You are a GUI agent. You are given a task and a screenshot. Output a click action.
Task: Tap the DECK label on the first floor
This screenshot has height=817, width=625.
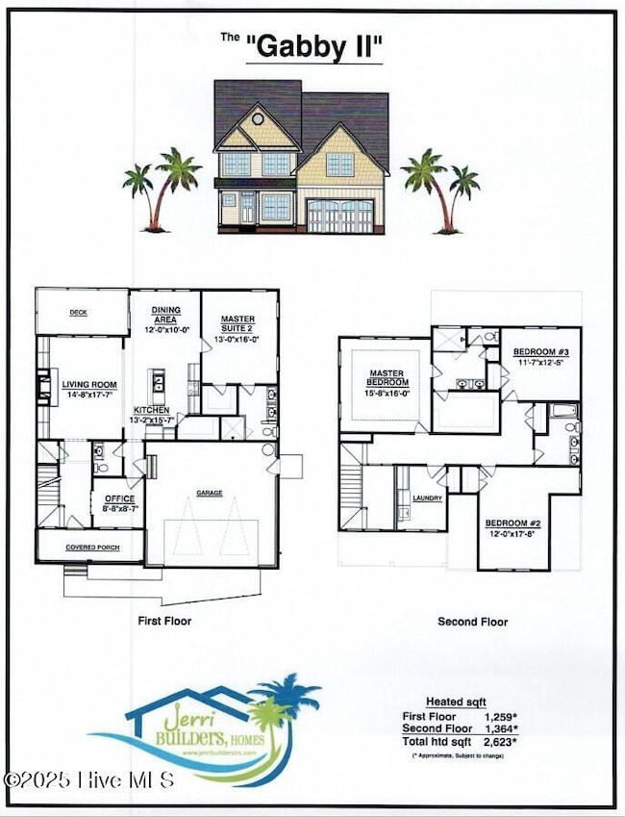[x=79, y=312]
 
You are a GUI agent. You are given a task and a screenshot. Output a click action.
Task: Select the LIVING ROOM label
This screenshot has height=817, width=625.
[x=89, y=385]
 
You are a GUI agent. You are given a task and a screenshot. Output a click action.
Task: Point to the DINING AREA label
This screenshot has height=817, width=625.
[x=165, y=315]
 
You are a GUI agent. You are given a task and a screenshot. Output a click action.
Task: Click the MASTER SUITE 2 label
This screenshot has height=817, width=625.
[x=238, y=323]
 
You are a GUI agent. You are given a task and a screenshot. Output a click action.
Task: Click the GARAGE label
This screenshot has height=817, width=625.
[x=210, y=493]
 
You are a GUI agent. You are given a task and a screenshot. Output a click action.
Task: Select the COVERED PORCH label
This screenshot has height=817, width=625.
[x=91, y=547]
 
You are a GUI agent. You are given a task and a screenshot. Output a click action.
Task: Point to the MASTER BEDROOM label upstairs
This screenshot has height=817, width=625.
[x=384, y=377]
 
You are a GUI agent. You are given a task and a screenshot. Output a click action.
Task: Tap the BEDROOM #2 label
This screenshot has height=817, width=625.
[x=512, y=524]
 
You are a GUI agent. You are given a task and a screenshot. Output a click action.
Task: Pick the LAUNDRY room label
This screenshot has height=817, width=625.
[x=426, y=498]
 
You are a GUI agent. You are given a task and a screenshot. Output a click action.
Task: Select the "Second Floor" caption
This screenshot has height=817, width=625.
[x=472, y=622]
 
